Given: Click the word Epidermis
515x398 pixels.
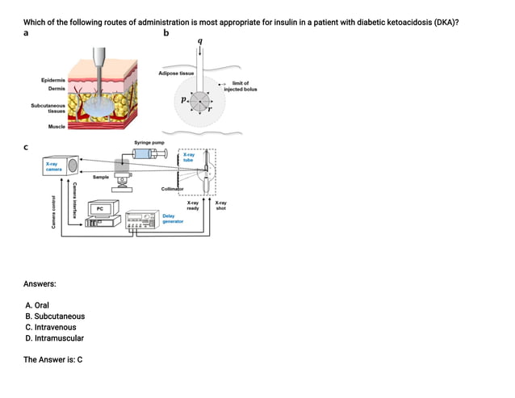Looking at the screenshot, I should (54, 80).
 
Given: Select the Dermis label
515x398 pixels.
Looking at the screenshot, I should (57, 88).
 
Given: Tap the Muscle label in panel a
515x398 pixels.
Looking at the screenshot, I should (57, 127).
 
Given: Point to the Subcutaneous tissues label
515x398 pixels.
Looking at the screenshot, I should (48, 108).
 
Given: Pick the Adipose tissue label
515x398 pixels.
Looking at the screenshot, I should (175, 73).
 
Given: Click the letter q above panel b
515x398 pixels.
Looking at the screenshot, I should (199, 40).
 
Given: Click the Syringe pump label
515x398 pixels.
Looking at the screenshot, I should (150, 142).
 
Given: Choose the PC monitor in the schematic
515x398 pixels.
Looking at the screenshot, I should (99, 208).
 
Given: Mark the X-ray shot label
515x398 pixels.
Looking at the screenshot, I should (220, 205).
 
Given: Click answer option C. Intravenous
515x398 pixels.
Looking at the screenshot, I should (51, 328).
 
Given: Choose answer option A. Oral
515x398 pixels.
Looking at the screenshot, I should (37, 306).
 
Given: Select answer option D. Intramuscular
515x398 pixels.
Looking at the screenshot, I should (54, 338).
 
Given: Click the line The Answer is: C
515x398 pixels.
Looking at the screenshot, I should (53, 359).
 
